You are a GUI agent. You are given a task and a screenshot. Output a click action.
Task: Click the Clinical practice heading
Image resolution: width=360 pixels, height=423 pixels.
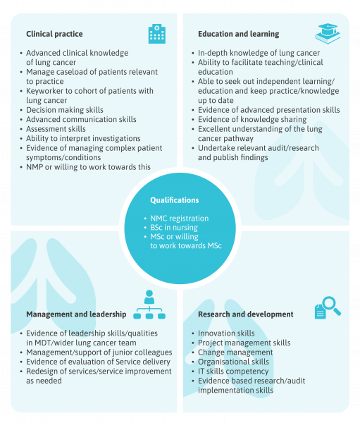click(54, 34)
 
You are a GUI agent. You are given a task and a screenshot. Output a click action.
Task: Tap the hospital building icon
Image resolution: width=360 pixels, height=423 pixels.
click(157, 34)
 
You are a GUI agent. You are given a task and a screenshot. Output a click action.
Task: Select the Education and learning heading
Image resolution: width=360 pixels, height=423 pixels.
click(239, 34)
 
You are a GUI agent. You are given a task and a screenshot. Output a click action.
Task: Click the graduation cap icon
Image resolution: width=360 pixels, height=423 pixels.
click(328, 33)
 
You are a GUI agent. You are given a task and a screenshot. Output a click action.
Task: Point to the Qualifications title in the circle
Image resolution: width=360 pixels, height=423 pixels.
click(175, 200)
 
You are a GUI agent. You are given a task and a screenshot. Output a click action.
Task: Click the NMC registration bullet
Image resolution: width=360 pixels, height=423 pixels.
click(180, 219)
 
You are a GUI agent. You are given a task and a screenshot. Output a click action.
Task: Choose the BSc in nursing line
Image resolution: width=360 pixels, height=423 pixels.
click(174, 228)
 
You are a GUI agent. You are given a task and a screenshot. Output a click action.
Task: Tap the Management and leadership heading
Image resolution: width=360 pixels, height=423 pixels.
click(76, 314)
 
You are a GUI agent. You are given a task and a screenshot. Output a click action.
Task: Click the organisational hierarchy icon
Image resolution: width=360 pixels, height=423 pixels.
click(149, 305)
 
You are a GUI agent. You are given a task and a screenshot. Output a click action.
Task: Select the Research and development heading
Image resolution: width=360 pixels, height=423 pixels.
click(246, 314)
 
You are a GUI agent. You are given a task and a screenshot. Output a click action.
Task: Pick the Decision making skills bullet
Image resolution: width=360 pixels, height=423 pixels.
click(65, 110)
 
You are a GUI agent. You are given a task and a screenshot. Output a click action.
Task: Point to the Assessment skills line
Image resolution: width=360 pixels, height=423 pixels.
click(56, 129)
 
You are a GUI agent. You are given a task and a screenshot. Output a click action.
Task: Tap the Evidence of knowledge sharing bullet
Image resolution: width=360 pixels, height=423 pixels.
click(252, 119)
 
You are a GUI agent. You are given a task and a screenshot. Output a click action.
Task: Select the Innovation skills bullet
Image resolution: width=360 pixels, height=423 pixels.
click(226, 333)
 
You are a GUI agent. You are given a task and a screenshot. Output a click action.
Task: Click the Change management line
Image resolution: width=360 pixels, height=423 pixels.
click(235, 352)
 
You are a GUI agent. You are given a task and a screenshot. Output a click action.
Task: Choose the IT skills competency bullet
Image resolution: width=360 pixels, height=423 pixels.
click(233, 372)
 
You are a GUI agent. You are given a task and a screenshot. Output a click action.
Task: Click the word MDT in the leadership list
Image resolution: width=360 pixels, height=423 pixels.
click(41, 343)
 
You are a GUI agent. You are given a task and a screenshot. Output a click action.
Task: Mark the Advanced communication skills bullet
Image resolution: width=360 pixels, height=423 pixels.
click(81, 119)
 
